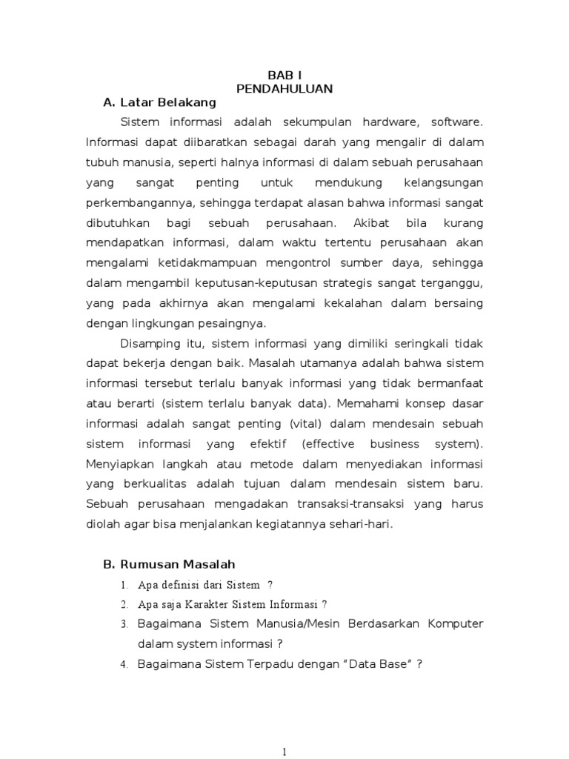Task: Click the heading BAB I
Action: pos(284,75)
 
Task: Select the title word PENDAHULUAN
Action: pos(284,88)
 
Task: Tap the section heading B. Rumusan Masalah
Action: pos(169,565)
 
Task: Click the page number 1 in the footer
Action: pos(284,752)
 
